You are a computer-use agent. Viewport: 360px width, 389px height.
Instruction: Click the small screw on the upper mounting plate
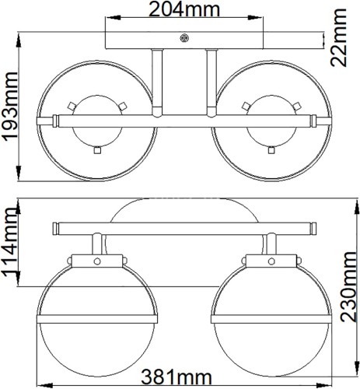(184, 37)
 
